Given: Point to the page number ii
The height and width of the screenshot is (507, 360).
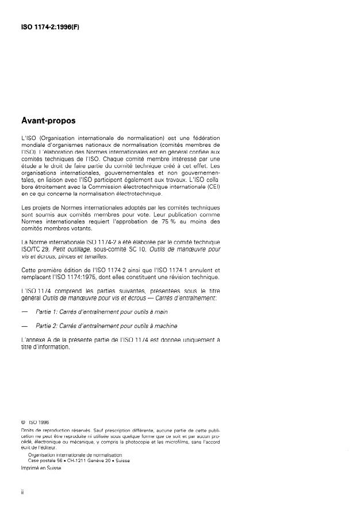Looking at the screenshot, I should [x=22, y=493].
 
